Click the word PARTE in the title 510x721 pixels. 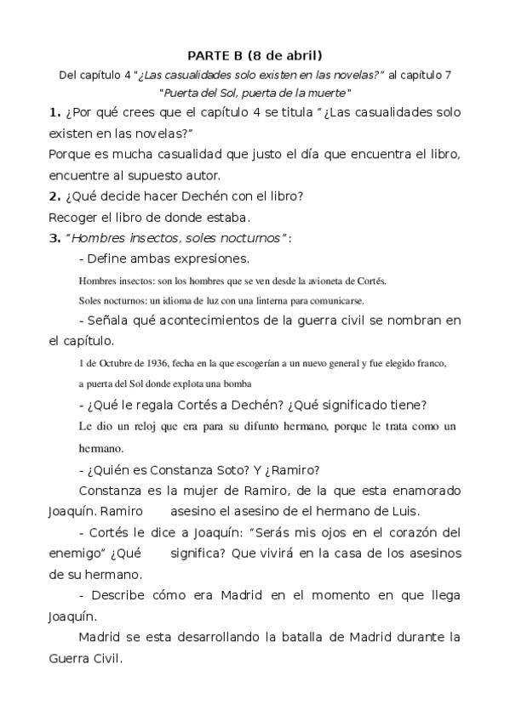[208, 56]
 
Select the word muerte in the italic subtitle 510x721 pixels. [326, 93]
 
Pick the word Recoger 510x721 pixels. [73, 217]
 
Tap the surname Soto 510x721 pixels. [213, 470]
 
